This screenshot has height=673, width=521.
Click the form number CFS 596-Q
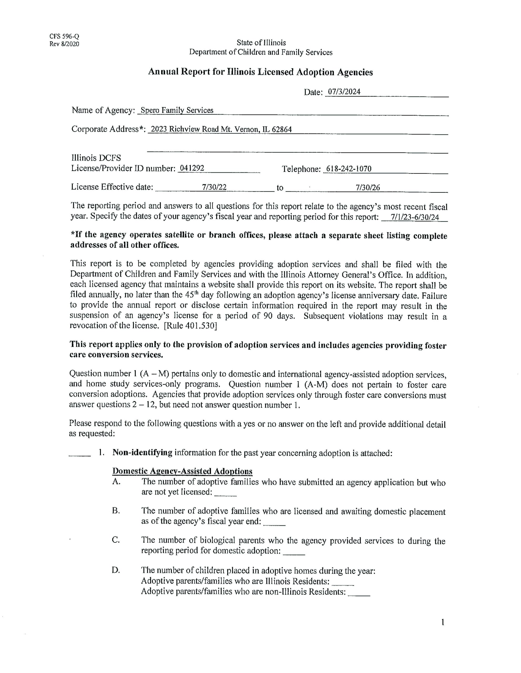click(64, 37)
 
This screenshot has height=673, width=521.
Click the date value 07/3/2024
click(344, 91)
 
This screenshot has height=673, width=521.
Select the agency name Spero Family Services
click(177, 110)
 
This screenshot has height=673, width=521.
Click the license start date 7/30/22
click(214, 187)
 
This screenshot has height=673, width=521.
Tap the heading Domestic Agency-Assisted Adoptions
click(182, 471)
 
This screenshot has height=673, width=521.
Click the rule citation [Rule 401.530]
click(190, 326)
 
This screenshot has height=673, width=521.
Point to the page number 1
click(443, 623)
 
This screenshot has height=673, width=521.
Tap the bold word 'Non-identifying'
click(142, 453)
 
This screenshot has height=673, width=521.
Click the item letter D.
click(116, 571)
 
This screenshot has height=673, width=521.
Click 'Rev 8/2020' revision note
click(64, 44)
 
